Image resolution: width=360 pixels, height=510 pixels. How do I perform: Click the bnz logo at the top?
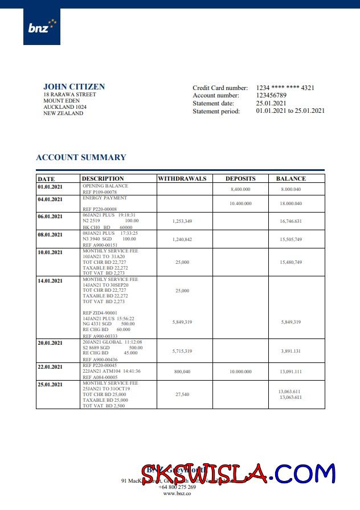(42, 26)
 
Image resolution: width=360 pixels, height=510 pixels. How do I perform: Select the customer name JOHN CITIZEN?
(74, 87)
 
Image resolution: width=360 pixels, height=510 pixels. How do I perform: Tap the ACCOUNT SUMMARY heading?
(81, 157)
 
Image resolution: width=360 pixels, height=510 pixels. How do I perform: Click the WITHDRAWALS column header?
(182, 178)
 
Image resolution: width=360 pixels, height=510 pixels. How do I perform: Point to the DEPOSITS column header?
(240, 178)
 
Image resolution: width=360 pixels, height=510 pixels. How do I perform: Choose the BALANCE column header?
(291, 178)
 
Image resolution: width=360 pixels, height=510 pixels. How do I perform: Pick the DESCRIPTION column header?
(103, 178)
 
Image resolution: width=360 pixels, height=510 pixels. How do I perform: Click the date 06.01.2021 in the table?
(50, 217)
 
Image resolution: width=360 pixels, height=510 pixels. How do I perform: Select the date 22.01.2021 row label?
(50, 367)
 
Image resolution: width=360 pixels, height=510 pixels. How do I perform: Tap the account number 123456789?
(271, 96)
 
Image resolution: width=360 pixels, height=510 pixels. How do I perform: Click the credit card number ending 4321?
(285, 88)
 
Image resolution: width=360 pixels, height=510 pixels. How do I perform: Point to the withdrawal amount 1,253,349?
(182, 221)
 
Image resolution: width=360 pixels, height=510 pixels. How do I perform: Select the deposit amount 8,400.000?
(240, 189)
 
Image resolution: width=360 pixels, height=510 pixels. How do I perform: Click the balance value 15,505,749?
(291, 239)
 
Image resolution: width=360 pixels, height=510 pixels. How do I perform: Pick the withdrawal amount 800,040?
(182, 372)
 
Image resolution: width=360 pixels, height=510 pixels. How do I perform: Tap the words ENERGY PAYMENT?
(104, 198)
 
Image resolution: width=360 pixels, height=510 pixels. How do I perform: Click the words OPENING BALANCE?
(105, 186)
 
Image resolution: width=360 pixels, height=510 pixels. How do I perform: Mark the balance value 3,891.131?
(291, 351)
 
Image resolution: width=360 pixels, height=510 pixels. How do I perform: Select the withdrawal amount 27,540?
(182, 394)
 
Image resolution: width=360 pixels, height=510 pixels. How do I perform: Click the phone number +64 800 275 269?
(177, 487)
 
